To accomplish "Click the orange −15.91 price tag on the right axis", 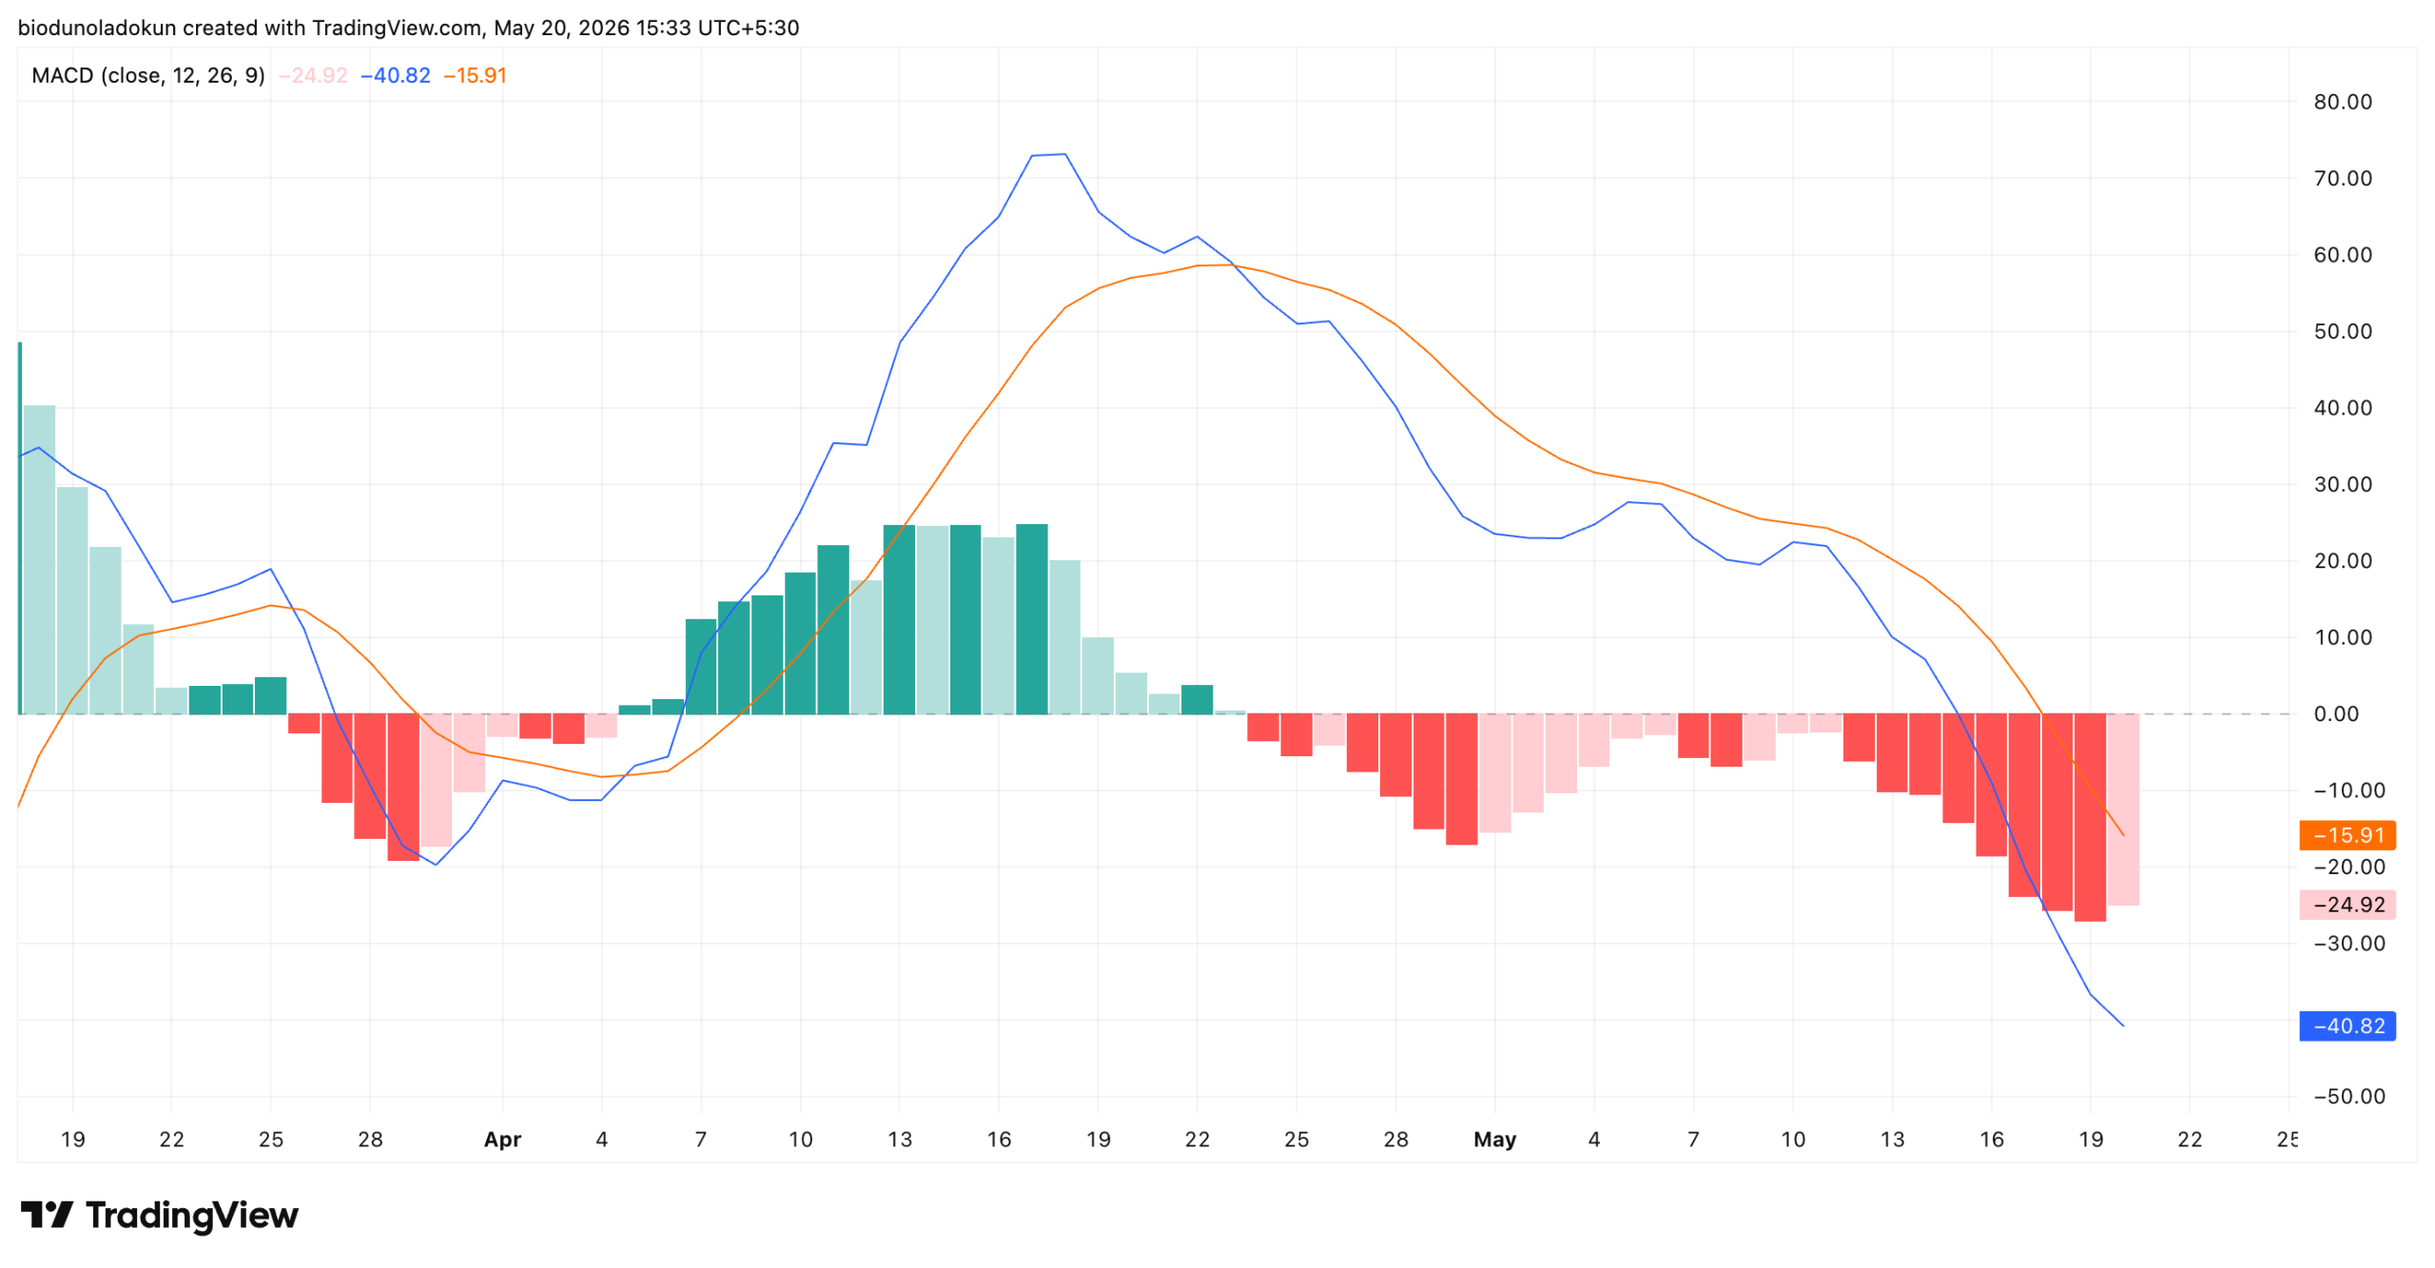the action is click(2347, 835).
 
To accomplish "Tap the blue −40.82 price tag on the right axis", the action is click(2347, 1026).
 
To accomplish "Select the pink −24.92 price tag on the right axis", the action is click(2347, 905).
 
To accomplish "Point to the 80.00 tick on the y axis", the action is click(2343, 102).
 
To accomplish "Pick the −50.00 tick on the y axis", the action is click(2348, 1097).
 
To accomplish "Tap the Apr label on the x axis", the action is click(502, 1141).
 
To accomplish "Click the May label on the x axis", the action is click(1494, 1140).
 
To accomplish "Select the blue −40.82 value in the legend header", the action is click(396, 75).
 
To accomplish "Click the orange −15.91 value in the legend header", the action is click(476, 75).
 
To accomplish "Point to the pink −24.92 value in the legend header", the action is click(313, 75).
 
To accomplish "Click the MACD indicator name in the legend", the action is click(63, 75).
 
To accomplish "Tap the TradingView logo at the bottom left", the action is click(160, 1216).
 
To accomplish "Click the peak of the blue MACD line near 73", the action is click(1064, 154).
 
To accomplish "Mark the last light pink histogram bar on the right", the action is click(2123, 810).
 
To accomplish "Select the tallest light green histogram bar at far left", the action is click(39, 560).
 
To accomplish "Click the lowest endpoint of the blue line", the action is click(2123, 1026).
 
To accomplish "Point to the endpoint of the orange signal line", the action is click(2123, 836).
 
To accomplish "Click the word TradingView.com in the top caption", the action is click(397, 28).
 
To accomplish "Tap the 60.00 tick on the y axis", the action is click(2343, 255).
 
